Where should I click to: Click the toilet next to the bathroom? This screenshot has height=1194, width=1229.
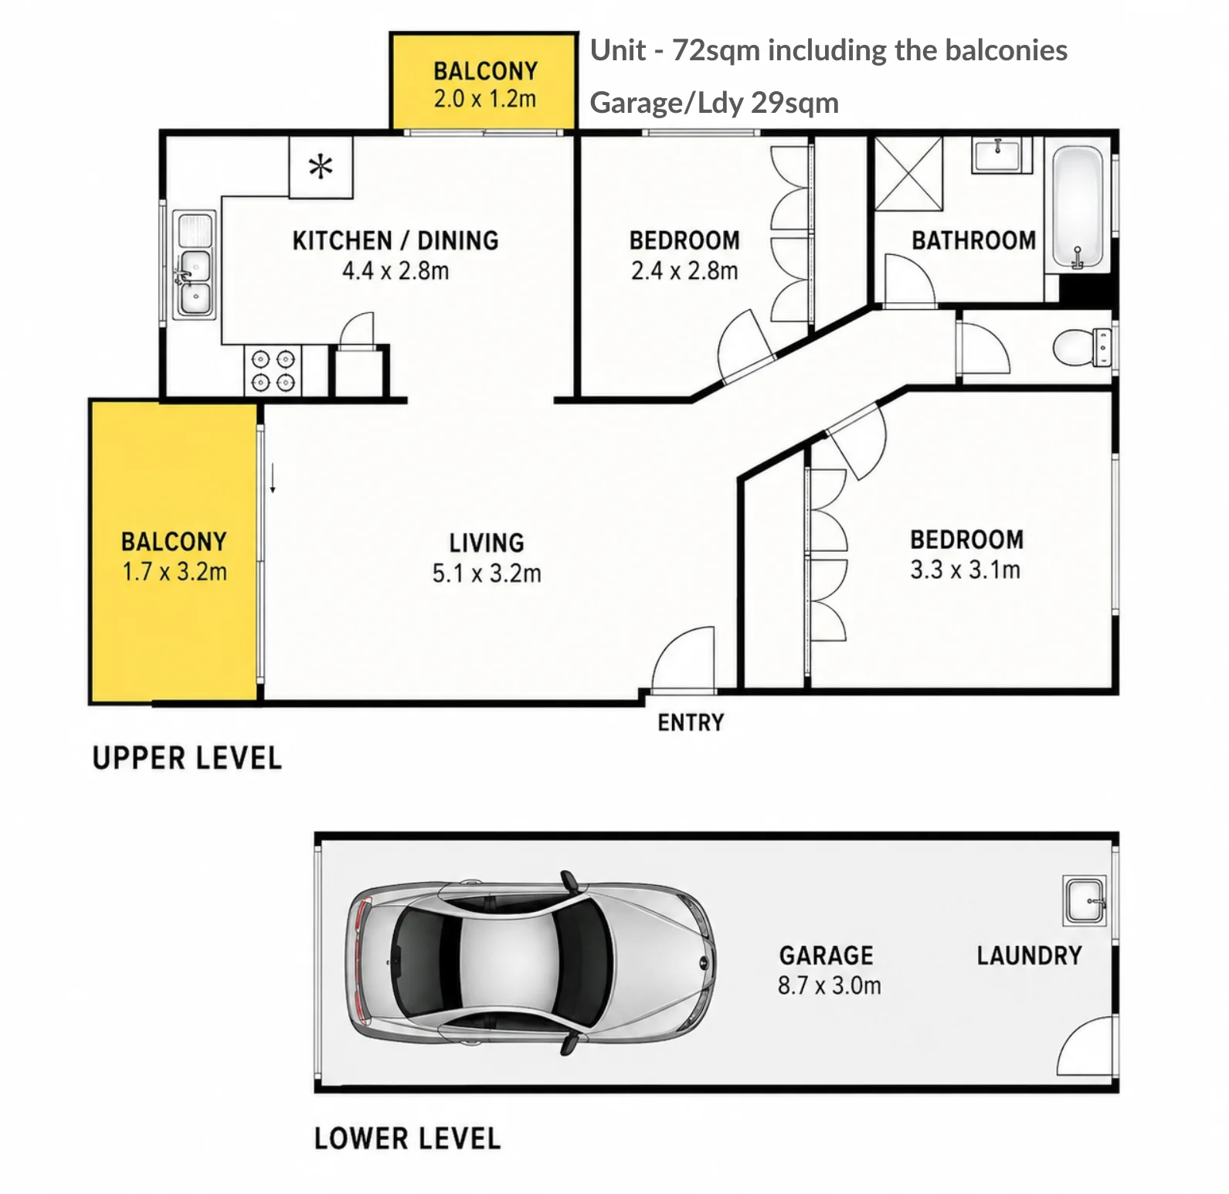(1081, 347)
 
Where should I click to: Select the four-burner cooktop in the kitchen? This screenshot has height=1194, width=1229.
(273, 370)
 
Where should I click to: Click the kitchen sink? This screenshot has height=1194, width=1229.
(194, 264)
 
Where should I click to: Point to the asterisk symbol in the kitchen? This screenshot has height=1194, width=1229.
(321, 166)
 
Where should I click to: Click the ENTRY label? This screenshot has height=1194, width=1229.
(691, 723)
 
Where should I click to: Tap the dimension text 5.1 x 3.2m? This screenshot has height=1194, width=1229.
(487, 573)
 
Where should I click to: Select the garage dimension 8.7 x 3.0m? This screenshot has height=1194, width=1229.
(829, 985)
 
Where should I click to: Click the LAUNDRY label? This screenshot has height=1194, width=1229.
(1029, 956)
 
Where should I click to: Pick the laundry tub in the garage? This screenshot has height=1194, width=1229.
(1085, 900)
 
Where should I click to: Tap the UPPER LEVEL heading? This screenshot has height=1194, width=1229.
(187, 758)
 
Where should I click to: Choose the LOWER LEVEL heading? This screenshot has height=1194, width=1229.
(407, 1138)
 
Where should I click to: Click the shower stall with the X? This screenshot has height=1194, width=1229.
(908, 173)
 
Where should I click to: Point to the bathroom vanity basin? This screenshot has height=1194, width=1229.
(1001, 155)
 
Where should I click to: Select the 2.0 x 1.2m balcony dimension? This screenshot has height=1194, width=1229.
(484, 100)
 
